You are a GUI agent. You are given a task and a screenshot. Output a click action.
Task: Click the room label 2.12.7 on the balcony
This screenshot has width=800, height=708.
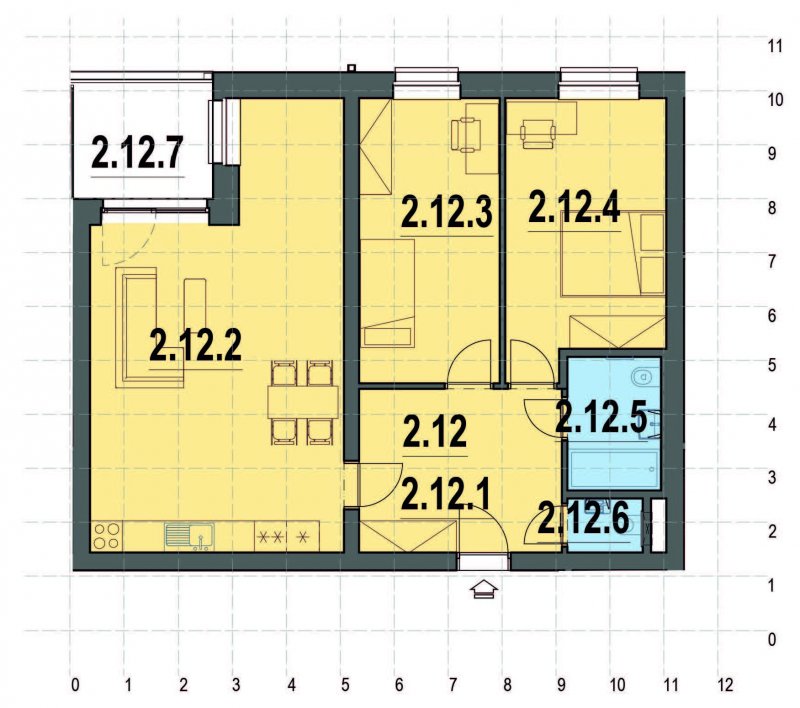click(x=138, y=152)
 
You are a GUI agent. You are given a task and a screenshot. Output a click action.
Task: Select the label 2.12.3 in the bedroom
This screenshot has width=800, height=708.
click(x=447, y=212)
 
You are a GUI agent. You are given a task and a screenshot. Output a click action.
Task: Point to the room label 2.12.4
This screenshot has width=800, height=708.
click(x=574, y=208)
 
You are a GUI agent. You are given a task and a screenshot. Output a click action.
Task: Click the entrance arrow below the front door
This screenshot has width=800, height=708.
click(x=484, y=590)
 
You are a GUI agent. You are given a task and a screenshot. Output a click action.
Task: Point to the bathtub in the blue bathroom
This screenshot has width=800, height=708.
click(x=612, y=468)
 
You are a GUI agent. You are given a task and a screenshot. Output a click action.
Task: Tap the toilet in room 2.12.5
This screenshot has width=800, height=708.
click(x=641, y=378)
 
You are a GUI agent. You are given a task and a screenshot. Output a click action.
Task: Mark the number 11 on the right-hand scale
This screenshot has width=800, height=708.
click(x=773, y=46)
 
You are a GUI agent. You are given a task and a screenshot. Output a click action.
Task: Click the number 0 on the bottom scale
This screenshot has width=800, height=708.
click(x=75, y=686)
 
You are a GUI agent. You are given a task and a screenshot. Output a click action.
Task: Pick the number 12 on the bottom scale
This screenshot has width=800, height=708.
click(x=726, y=686)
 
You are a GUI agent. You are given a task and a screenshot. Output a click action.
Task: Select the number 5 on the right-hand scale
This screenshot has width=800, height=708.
click(x=772, y=365)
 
